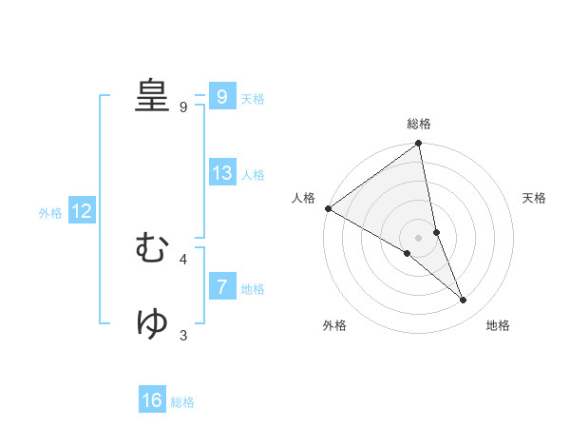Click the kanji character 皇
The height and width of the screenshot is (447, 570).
point(151,96)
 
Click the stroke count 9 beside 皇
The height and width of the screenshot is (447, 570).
point(183,107)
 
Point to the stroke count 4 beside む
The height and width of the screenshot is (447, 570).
point(183,259)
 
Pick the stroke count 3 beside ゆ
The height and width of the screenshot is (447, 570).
point(183,335)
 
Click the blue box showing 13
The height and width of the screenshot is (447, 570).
point(222,173)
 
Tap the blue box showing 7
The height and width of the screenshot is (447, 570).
point(222,287)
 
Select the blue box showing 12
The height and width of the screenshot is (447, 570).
point(82,212)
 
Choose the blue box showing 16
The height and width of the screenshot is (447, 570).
point(152,400)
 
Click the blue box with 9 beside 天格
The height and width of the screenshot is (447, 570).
point(222,97)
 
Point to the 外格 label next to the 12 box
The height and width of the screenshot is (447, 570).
point(50,213)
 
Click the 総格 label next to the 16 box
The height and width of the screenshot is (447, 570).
point(182,402)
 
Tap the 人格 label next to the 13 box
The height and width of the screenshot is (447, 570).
point(253,175)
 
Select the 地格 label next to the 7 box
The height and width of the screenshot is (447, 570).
point(253,289)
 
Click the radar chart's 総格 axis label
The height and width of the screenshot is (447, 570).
point(419,124)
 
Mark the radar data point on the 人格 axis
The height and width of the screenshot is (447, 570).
point(328,208)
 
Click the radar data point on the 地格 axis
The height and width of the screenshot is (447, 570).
point(464,301)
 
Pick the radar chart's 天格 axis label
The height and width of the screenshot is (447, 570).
point(534,198)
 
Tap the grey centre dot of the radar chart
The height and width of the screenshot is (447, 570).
point(418,237)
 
